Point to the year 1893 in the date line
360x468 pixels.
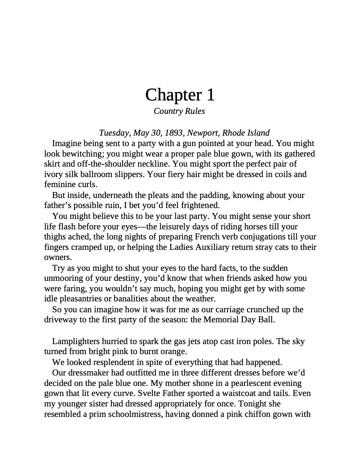[x=174, y=133]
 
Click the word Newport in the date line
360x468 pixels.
[x=202, y=133]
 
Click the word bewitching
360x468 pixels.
[x=82, y=154]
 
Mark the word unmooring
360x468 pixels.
[x=65, y=278]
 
